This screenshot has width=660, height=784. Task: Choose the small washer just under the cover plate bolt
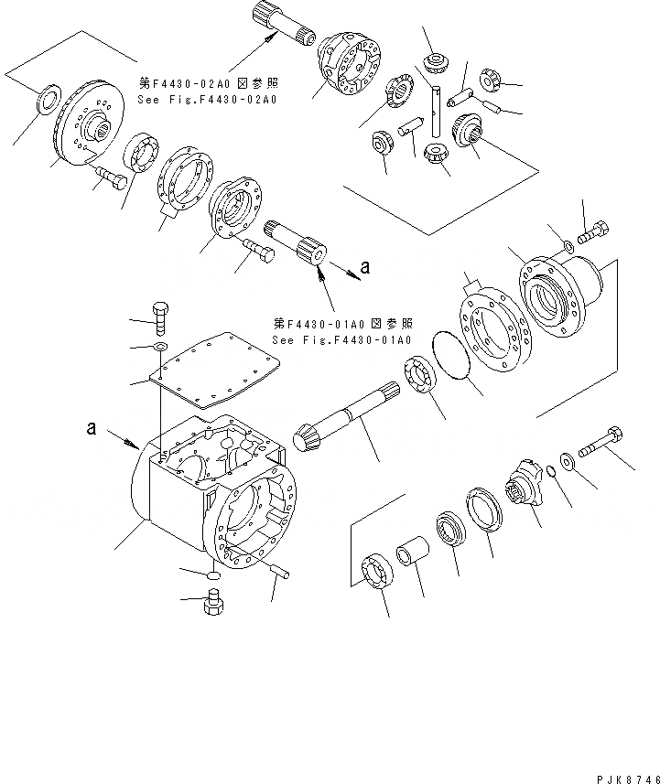[x=161, y=348]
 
